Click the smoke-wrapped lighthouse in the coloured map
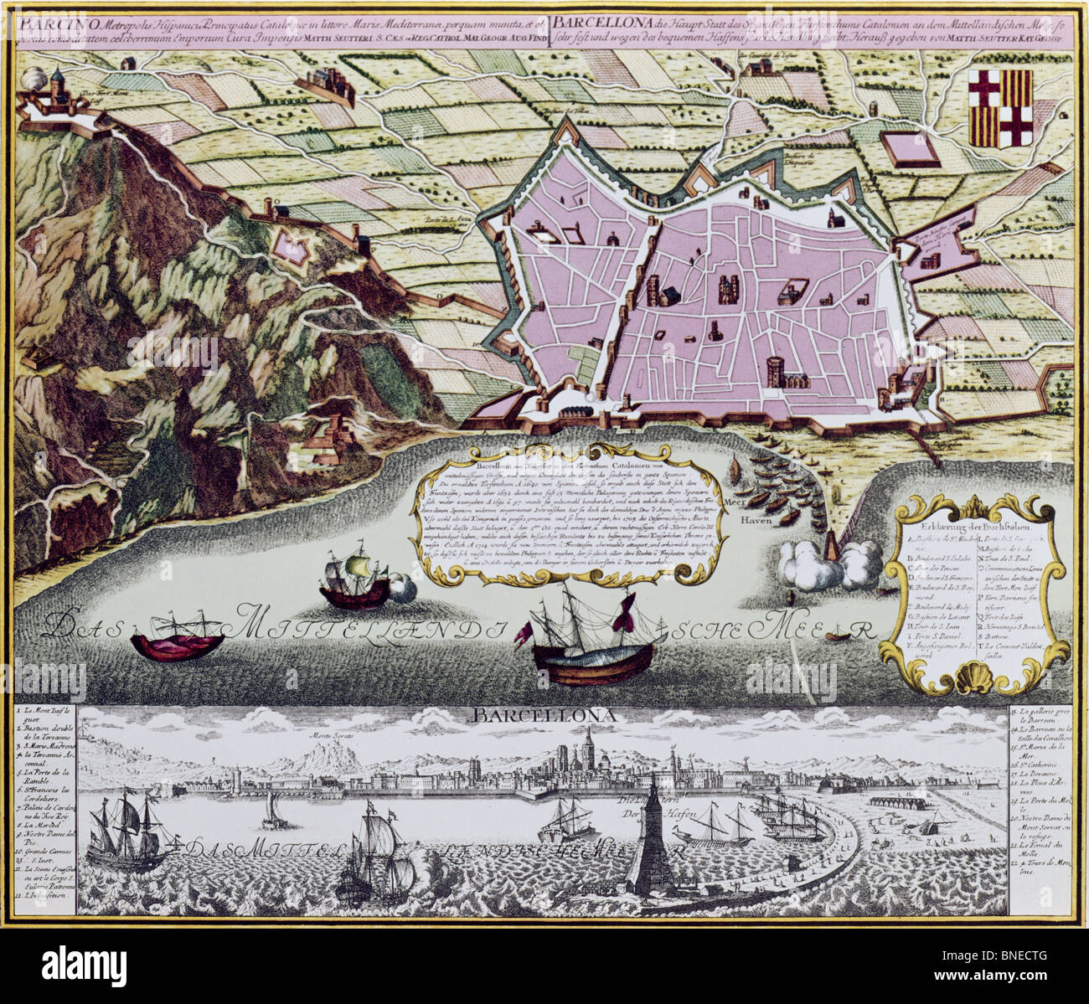point(830,553)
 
